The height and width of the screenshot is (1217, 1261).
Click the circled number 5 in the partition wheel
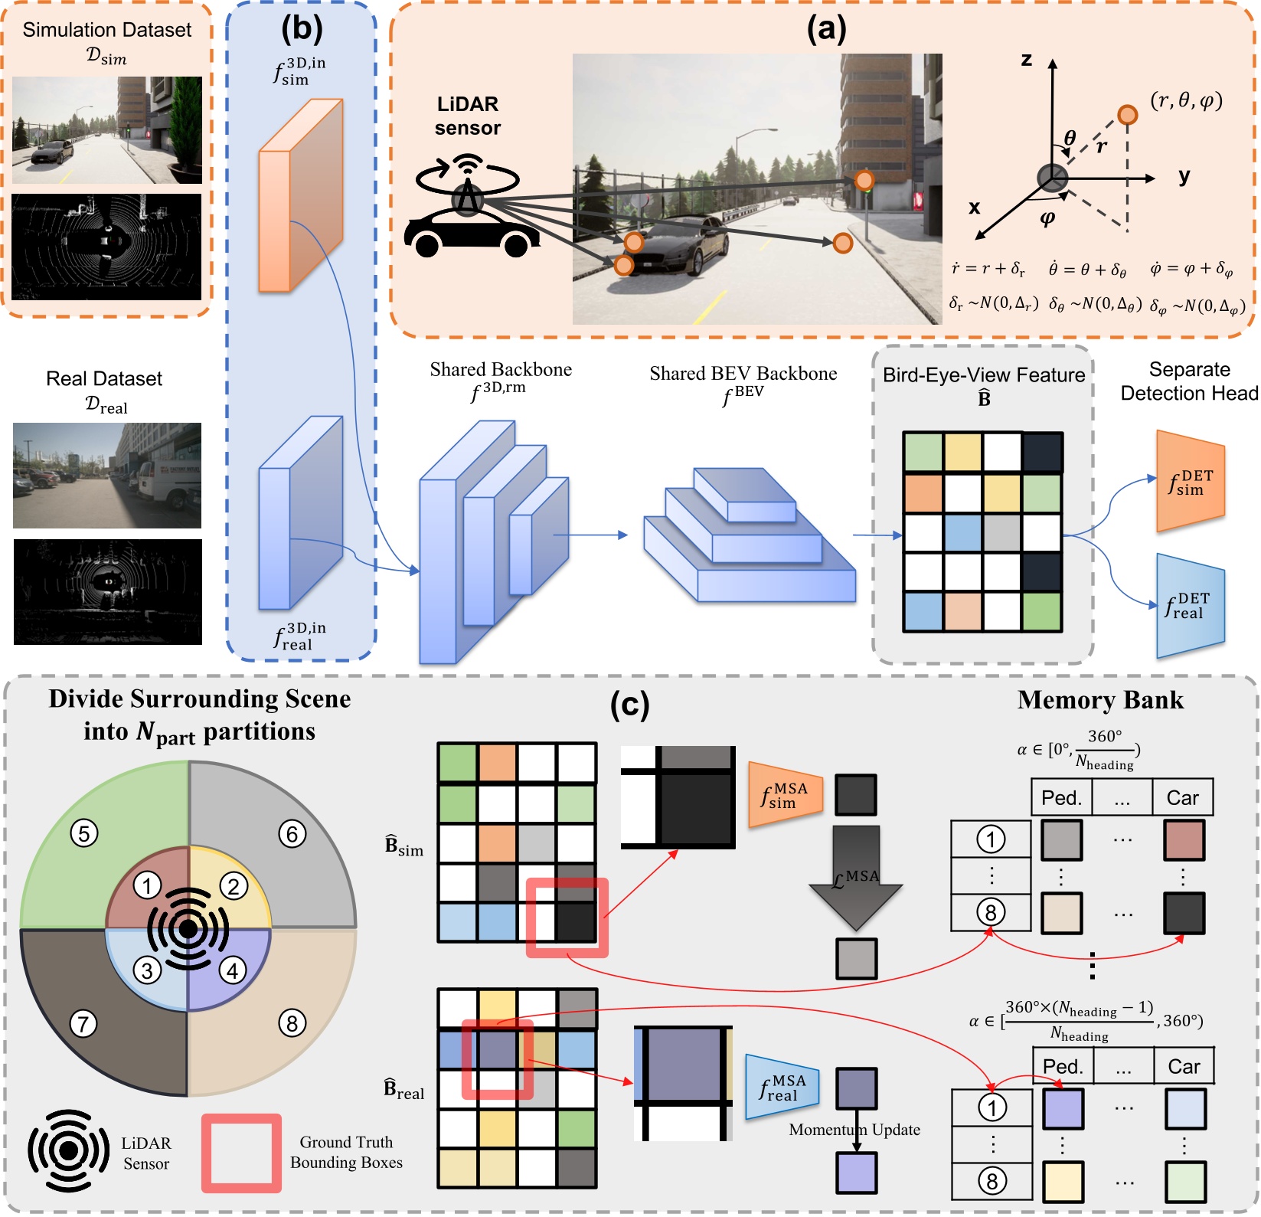[84, 833]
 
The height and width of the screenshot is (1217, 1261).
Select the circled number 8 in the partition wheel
[292, 1022]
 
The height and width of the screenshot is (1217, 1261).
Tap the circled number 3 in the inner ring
[147, 970]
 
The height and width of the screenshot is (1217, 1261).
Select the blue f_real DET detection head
[1190, 606]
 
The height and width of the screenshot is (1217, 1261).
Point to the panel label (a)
[827, 29]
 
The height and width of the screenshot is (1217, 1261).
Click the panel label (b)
[302, 29]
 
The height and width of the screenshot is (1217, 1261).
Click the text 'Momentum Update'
[854, 1130]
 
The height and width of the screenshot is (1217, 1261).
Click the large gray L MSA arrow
[856, 878]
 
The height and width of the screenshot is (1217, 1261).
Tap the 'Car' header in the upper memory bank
[1182, 798]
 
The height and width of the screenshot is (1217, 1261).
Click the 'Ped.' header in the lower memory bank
[1062, 1066]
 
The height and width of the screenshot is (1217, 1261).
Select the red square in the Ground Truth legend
[241, 1153]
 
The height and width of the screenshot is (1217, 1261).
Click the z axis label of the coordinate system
[1027, 60]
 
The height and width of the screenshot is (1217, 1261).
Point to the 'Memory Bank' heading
[1100, 700]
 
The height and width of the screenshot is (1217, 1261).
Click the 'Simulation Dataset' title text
[107, 30]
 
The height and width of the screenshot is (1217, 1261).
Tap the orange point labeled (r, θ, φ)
[1127, 115]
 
